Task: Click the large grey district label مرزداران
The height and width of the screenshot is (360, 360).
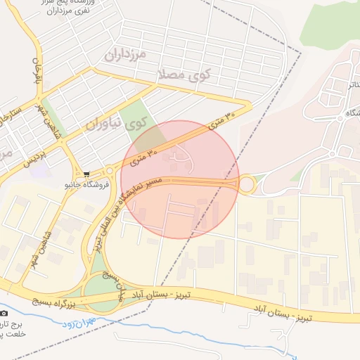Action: click(124, 53)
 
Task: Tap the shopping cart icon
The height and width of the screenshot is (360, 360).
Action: click(86, 174)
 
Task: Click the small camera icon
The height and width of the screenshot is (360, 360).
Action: click(4, 312)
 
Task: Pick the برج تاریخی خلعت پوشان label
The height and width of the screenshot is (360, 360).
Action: click(13, 329)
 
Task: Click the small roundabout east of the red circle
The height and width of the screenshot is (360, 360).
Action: click(247, 186)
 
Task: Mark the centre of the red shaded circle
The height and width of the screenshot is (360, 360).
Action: click(180, 179)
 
